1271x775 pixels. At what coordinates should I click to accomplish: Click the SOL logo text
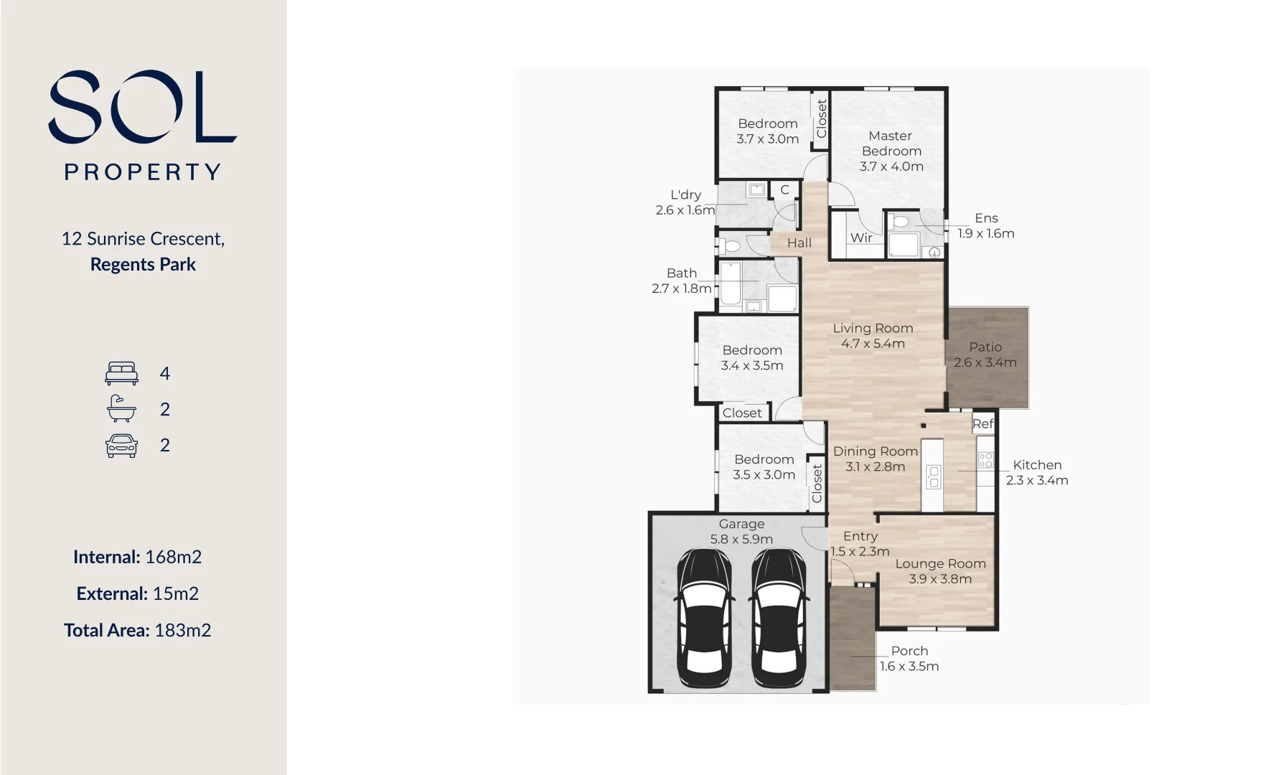pos(142,106)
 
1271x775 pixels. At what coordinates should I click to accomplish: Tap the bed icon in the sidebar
pos(121,373)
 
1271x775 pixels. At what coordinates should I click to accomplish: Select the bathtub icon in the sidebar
pos(121,409)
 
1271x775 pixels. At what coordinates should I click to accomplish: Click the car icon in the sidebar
pos(121,446)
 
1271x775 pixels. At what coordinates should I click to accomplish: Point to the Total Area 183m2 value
pos(182,630)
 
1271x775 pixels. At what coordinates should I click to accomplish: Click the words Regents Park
pos(143,265)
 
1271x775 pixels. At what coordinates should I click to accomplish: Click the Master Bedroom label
pos(891,144)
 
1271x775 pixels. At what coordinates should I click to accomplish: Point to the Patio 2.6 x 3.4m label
pos(985,354)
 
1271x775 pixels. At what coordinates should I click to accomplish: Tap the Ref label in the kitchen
pos(982,424)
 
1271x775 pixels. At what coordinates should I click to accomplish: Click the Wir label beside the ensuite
pos(861,238)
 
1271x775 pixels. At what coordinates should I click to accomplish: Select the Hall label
pos(799,243)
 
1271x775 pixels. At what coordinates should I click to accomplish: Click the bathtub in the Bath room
pos(731,284)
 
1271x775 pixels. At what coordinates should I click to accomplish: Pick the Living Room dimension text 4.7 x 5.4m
pos(873,344)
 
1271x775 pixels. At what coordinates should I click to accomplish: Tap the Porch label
pos(909,651)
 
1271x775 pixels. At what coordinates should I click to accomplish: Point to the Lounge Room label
pos(940,564)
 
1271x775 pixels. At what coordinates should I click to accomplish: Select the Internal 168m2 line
pos(137,557)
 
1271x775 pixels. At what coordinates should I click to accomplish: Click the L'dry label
pos(685,195)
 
